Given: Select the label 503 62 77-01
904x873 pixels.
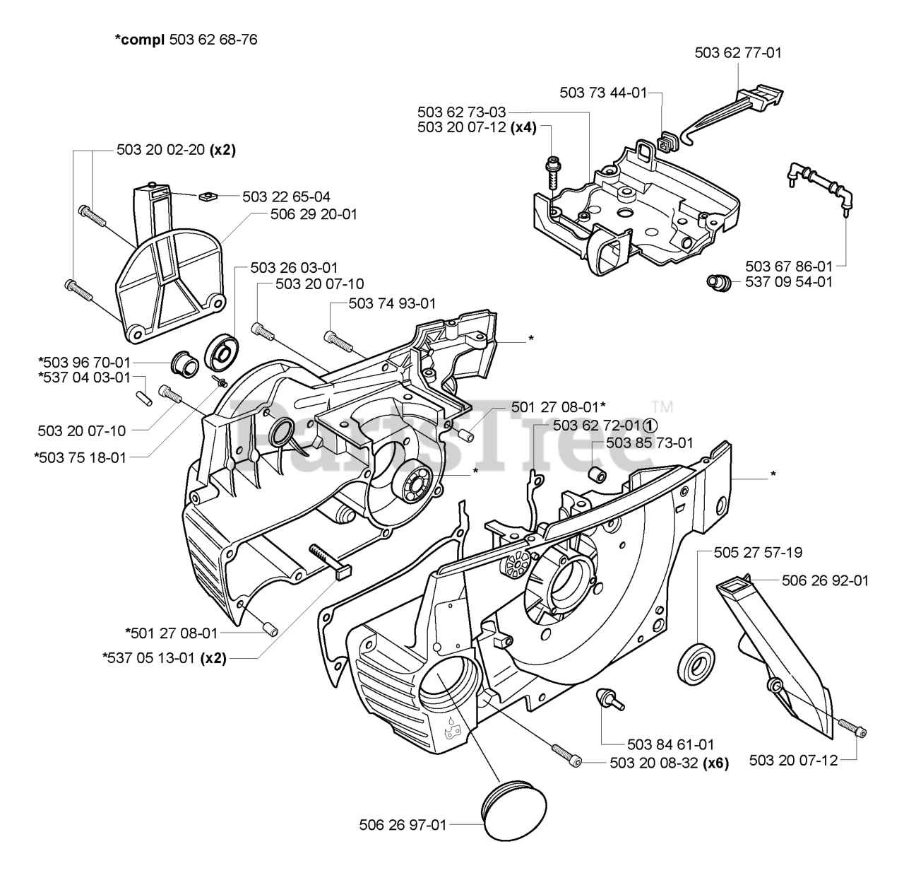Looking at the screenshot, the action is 738,53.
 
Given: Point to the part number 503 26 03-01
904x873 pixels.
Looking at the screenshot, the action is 294,268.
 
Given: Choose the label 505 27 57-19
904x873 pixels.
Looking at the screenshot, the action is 758,552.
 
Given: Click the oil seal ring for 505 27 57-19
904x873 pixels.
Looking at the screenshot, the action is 697,664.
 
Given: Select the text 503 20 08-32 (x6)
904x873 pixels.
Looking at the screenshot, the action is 669,763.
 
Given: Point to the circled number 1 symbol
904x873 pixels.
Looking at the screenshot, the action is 650,425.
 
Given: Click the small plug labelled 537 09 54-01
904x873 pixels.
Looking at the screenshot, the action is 719,283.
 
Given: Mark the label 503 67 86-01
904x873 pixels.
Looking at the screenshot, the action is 789,266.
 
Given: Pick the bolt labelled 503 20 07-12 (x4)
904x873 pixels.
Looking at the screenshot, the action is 553,173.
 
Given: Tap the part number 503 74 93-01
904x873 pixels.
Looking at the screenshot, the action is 392,303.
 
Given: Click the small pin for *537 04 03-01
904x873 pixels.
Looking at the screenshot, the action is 144,398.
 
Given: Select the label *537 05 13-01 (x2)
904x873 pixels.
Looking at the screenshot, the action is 165,658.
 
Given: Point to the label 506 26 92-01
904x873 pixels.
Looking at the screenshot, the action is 825,580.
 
